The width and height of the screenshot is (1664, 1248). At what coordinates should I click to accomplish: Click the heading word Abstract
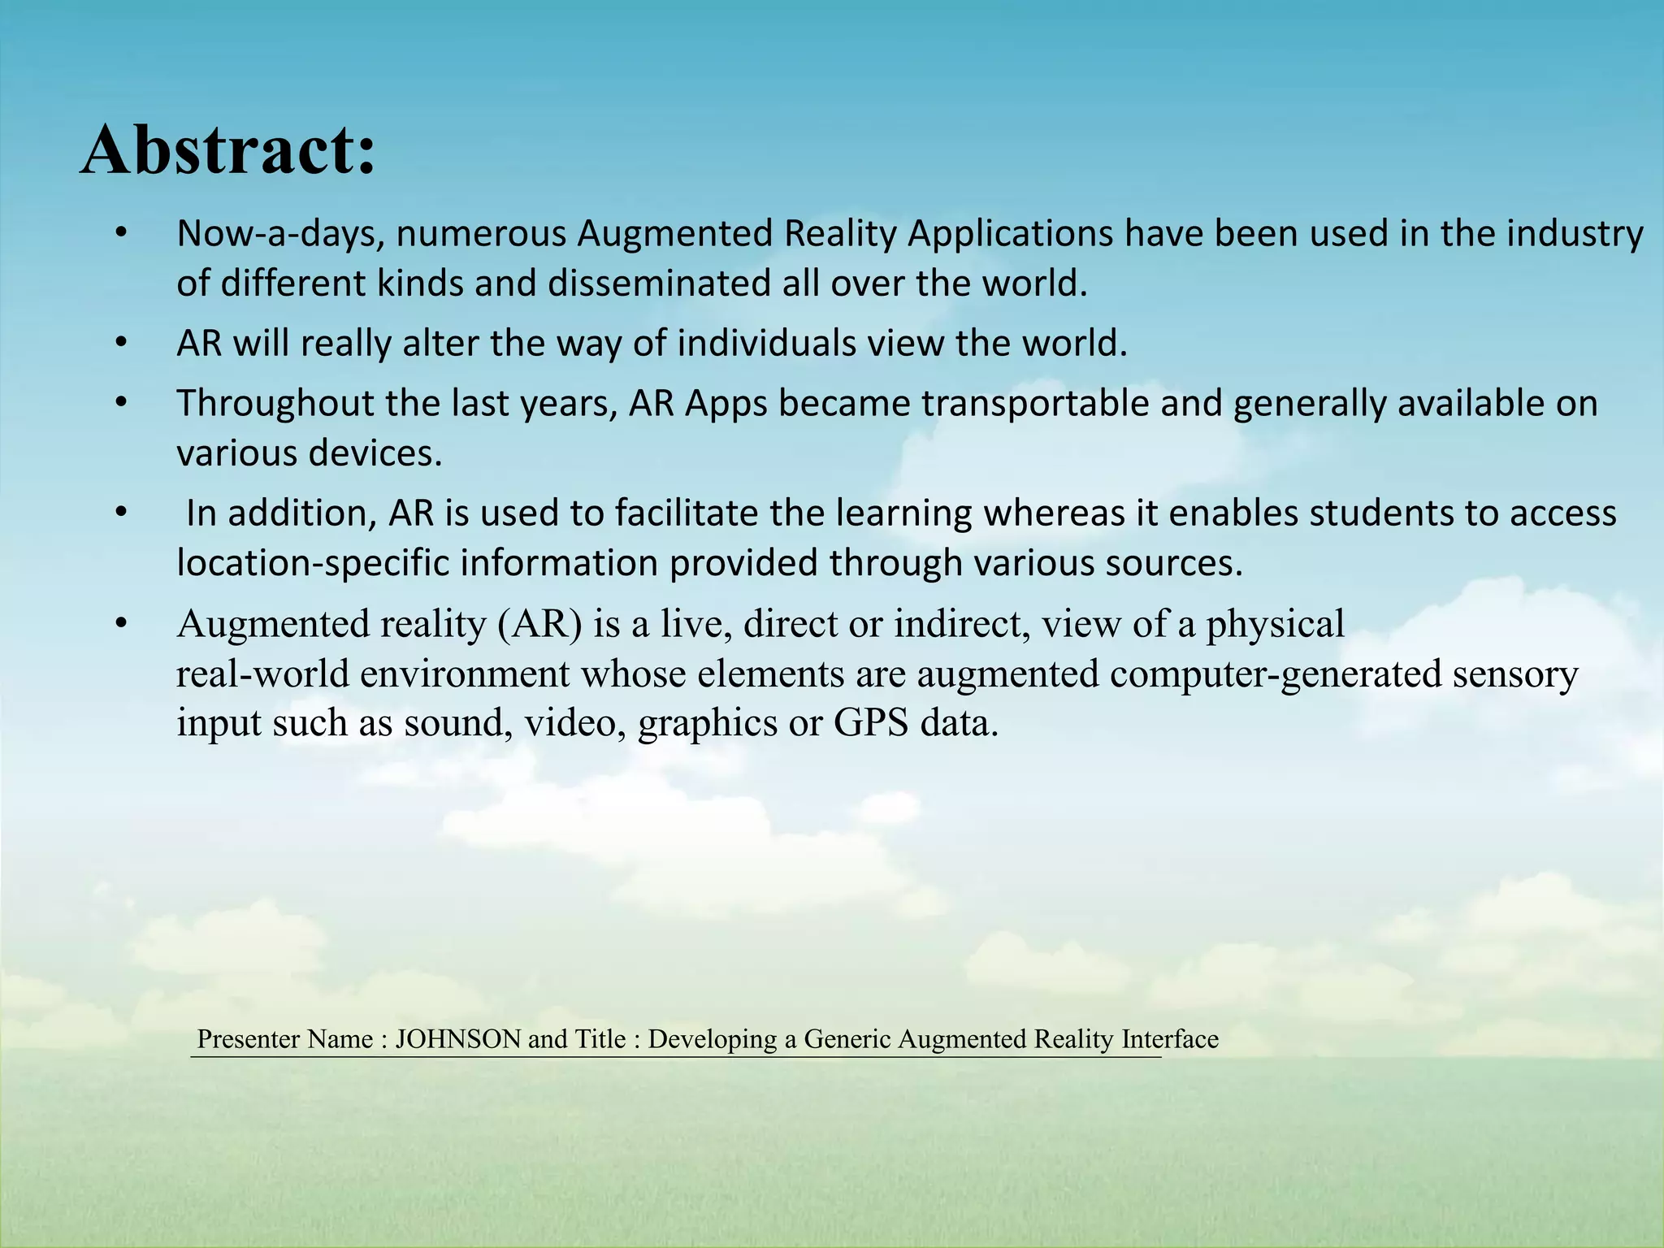227,150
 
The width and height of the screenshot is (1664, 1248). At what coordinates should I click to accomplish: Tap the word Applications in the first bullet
1010,234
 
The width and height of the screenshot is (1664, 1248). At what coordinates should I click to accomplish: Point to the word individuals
766,344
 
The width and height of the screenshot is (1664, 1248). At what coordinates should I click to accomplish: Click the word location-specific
313,563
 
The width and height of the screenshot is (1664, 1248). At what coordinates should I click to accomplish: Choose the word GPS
870,723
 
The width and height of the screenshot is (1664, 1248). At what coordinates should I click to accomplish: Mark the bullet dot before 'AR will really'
121,344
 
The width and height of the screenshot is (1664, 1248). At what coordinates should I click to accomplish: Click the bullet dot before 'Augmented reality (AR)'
121,624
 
